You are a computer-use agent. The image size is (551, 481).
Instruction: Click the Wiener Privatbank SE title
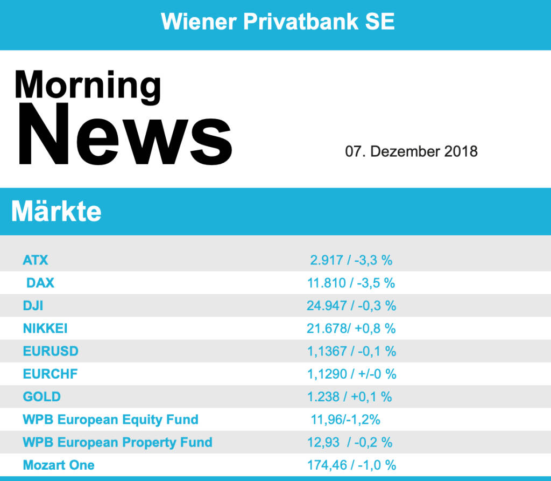point(278,22)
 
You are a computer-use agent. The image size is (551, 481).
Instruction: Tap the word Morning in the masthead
point(88,85)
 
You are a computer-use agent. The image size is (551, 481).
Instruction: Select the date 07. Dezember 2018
point(411,151)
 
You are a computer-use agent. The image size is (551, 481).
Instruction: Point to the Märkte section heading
point(56,211)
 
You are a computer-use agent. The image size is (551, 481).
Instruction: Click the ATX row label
point(36,260)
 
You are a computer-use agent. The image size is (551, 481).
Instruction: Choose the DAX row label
point(40,283)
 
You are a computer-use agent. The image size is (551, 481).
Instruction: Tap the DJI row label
point(33,305)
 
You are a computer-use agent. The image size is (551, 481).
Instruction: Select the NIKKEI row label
point(45,328)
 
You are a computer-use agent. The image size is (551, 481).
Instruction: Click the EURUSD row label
point(51,351)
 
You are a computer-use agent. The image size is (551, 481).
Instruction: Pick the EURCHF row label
point(50,374)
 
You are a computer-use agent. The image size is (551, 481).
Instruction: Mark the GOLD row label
point(41,397)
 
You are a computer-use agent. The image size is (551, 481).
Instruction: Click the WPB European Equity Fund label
point(110,420)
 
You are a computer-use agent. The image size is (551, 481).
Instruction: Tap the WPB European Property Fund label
point(117,443)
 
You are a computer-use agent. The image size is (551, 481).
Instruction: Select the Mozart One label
point(59,465)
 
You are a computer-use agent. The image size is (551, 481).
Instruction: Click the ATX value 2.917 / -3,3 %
point(351,260)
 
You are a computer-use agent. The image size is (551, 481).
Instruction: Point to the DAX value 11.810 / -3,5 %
point(351,283)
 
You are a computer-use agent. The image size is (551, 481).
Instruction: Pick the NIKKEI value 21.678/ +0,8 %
point(351,328)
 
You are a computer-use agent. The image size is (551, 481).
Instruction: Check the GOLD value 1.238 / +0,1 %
point(349,397)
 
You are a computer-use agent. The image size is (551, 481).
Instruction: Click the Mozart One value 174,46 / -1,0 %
point(351,465)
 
